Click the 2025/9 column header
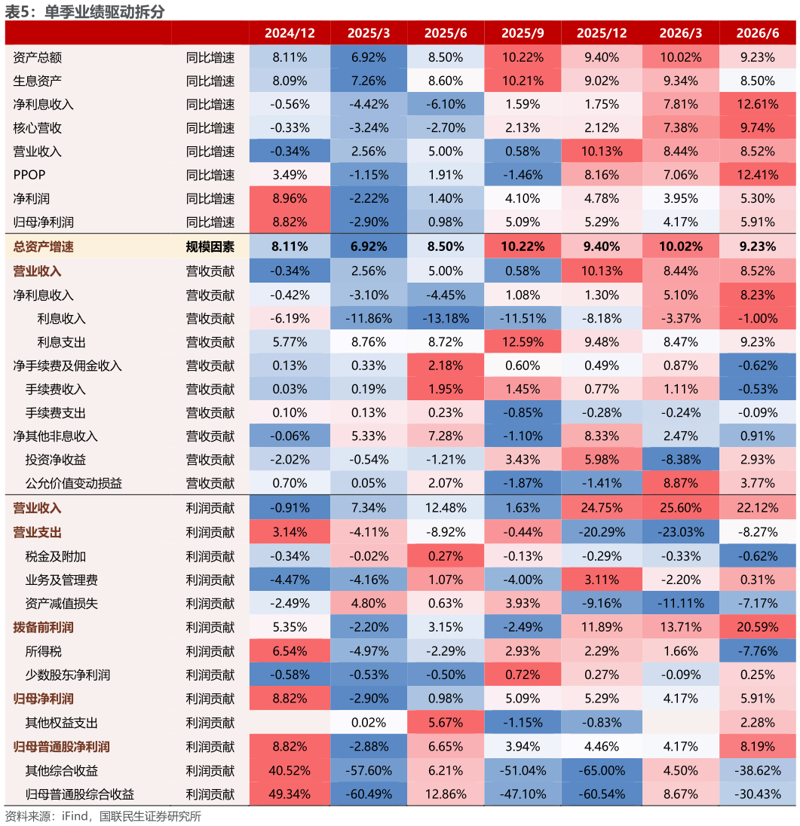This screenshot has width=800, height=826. (523, 33)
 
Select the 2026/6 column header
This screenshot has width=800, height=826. (757, 33)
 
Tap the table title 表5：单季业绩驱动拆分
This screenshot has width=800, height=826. (85, 11)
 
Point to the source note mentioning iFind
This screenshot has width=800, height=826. (103, 816)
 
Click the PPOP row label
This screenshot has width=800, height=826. (29, 175)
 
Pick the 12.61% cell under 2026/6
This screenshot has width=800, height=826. (757, 104)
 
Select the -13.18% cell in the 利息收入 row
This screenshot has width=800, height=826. (446, 319)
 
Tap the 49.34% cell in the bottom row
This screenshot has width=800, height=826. (290, 794)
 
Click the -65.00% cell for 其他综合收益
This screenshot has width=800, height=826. (601, 771)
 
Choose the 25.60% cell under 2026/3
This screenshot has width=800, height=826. (680, 508)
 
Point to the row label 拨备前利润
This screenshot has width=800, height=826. (43, 627)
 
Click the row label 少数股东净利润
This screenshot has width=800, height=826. (67, 675)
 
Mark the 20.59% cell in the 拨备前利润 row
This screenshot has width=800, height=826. (757, 627)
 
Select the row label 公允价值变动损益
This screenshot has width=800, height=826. (74, 483)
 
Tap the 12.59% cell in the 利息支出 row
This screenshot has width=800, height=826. (523, 342)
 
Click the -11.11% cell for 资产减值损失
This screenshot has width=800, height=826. (680, 604)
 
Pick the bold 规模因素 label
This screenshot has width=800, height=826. (210, 246)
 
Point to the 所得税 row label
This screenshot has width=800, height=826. (43, 651)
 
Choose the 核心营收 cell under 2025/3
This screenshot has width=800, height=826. (369, 128)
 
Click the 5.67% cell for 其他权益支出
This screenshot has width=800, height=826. (446, 723)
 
